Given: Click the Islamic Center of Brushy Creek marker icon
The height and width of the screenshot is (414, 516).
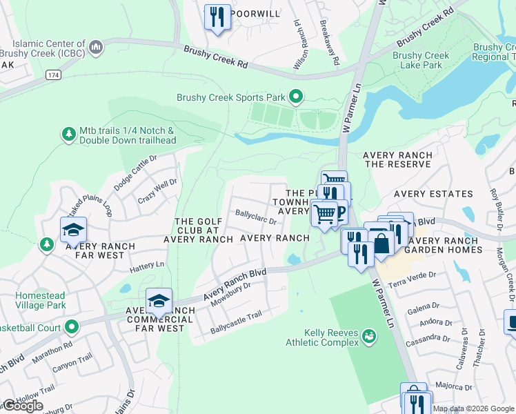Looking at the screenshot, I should (96, 48).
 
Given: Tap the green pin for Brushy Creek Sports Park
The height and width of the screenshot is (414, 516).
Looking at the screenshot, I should (296, 97).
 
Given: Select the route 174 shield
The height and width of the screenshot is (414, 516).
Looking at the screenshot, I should (53, 74).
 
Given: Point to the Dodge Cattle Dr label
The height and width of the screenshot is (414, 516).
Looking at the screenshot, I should (135, 172).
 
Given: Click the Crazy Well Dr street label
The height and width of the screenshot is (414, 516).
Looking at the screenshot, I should (157, 190).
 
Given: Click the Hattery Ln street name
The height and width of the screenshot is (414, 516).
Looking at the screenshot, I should (146, 264).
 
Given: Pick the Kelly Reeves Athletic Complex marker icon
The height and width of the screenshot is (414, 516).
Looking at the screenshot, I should (370, 337).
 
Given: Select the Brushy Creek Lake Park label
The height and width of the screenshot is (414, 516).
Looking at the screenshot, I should (421, 61).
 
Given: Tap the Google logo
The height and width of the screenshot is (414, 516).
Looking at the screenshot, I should (23, 406).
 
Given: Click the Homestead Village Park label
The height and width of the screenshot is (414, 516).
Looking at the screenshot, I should (41, 300).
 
